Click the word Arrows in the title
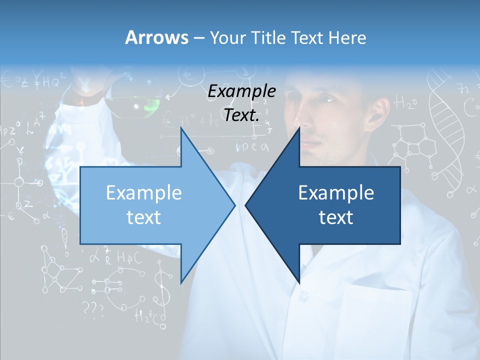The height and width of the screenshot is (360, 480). click(x=156, y=37)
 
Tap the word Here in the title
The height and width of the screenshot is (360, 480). click(x=347, y=37)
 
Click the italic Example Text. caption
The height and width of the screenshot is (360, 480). click(x=242, y=103)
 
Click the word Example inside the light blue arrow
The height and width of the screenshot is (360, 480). click(x=144, y=193)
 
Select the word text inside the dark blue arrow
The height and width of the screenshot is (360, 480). click(x=336, y=217)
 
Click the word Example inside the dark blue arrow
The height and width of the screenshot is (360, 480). click(x=336, y=193)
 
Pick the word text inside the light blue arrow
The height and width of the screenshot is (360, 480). click(x=144, y=217)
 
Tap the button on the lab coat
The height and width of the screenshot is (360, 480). click(x=303, y=296)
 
